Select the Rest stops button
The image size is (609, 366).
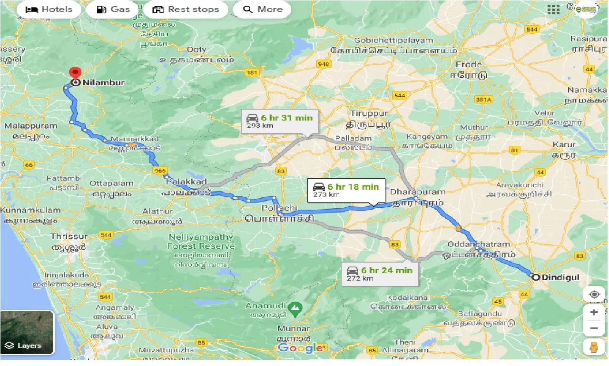pos(186,10)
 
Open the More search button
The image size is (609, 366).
pos(262,10)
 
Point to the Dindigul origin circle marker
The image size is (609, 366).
pos(536,277)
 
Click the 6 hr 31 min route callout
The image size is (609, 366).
pos(279,122)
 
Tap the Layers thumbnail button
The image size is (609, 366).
pos(28,333)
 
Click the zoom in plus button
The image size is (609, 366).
pos(594,313)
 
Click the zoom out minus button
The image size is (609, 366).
pos(594,328)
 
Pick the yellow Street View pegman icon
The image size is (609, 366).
pos(594,348)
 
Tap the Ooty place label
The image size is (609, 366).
pos(196,50)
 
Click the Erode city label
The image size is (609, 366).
pos(469,64)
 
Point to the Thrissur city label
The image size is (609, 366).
pos(69,236)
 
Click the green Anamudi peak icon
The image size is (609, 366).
pos(295,307)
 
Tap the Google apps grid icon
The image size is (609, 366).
pos(553,10)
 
